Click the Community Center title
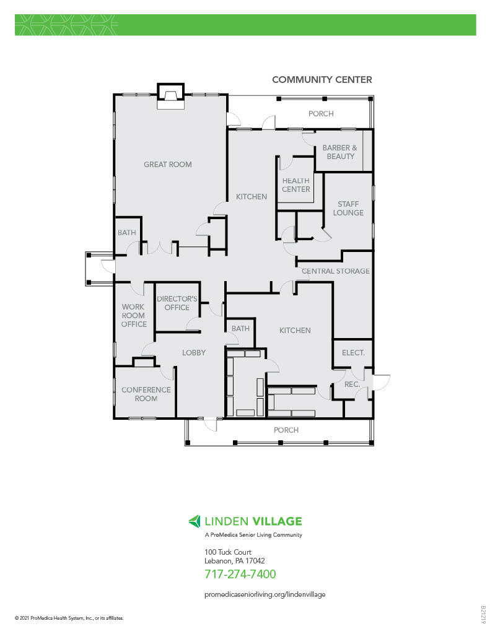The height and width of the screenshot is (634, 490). [x=322, y=80]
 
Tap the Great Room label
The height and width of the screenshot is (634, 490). [x=167, y=165]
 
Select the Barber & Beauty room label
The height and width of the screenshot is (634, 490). [x=340, y=152]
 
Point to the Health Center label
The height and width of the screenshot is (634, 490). [x=295, y=185]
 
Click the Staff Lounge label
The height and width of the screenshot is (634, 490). [x=348, y=208]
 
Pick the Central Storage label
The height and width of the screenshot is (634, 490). [x=335, y=271]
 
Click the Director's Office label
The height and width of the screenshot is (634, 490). [x=177, y=303]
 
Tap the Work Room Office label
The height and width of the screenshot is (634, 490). [x=134, y=315]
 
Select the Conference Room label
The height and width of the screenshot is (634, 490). [x=146, y=394]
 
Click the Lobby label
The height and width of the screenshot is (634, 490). [x=193, y=352]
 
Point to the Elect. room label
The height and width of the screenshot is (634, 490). [x=353, y=352]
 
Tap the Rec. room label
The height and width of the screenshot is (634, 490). [x=352, y=384]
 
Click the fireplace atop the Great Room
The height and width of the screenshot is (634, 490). [x=170, y=96]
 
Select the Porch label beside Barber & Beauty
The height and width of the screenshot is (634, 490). [x=321, y=114]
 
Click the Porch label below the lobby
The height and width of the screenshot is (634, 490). [x=286, y=430]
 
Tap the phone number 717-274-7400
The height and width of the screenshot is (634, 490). [x=240, y=574]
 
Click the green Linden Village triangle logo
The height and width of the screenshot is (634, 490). [x=195, y=521]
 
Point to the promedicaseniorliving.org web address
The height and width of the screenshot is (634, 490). [x=265, y=594]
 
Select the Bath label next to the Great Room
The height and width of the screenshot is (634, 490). [x=126, y=233]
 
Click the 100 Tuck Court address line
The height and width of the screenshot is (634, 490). [x=228, y=552]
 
